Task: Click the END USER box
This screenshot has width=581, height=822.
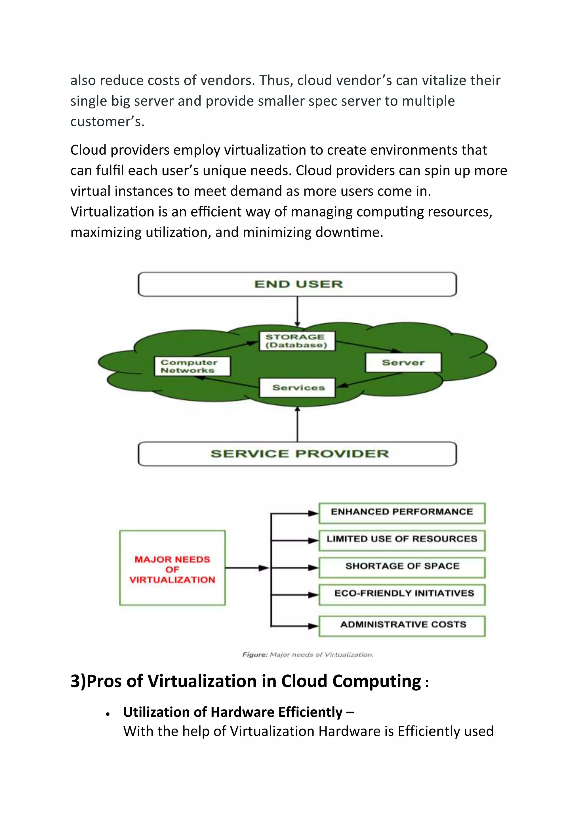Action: pos(297,284)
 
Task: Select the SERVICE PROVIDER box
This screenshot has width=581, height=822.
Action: pos(297,454)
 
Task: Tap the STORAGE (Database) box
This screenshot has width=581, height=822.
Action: pos(297,341)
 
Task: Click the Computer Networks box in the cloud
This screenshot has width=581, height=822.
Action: pos(192,366)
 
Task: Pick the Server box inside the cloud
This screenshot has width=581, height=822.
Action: pos(403,363)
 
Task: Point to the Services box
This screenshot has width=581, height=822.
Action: pos(297,388)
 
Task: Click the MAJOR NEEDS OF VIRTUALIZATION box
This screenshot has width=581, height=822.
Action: pos(172,569)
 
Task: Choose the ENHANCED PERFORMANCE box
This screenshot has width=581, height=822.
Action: pos(402,513)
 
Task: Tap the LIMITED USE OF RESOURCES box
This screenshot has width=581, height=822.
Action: pos(402,540)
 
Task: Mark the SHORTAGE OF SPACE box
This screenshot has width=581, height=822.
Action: pos(402,567)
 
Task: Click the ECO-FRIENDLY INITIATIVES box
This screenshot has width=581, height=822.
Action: pos(402,594)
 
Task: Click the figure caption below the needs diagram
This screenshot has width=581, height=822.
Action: pos(308,655)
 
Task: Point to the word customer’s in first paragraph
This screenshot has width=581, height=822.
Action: pos(107,122)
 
